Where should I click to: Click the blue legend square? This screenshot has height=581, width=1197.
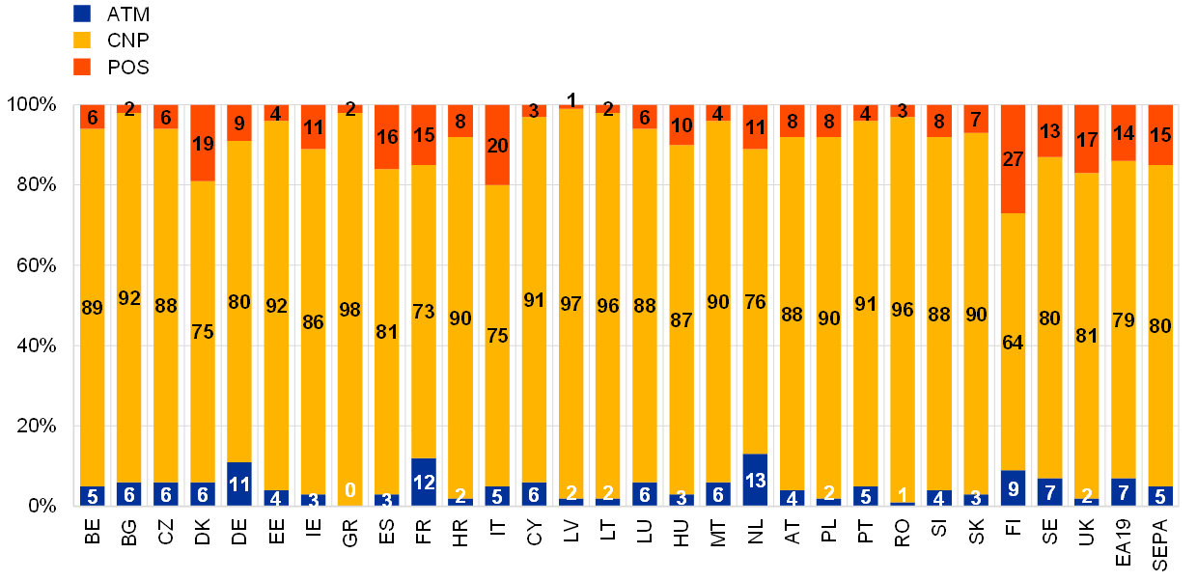[x=82, y=14]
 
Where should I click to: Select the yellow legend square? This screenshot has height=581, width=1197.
[x=82, y=41]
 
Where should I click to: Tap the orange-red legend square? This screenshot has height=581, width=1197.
[x=82, y=67]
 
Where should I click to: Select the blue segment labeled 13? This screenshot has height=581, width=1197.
[x=755, y=480]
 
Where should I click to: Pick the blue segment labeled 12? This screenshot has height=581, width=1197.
[x=424, y=482]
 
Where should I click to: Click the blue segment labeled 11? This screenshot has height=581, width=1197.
[x=239, y=484]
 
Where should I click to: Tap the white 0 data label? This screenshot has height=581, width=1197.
[x=350, y=490]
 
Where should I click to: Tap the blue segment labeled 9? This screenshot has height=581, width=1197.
[x=1013, y=487]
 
